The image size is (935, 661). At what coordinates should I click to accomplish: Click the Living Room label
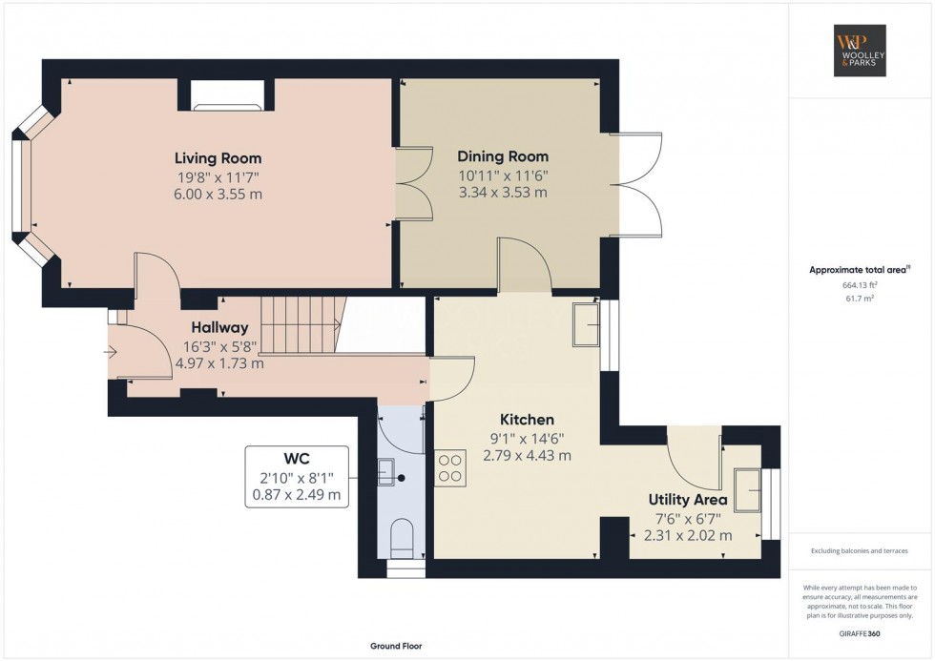[x=218, y=158]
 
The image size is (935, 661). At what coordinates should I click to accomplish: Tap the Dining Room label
[x=503, y=156]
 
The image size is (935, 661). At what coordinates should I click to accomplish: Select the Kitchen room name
[x=527, y=420]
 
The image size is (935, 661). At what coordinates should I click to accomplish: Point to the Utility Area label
[x=688, y=500]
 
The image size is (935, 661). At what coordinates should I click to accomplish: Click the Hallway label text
[x=219, y=327]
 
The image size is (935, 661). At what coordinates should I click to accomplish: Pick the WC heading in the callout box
[x=296, y=459]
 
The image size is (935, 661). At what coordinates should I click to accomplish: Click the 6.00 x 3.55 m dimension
[x=218, y=195]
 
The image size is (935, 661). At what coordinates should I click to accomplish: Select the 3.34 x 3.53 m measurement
[x=503, y=193]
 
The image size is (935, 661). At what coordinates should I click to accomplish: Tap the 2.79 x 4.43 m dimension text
[x=527, y=456]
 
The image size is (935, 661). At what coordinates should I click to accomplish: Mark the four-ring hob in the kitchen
[x=449, y=467]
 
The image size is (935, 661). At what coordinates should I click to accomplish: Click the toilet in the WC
[x=401, y=539]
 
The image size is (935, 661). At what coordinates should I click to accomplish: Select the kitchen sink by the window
[x=585, y=324]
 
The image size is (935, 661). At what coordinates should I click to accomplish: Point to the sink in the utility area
[x=747, y=489]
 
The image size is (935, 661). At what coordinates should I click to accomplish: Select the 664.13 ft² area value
[x=860, y=284]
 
